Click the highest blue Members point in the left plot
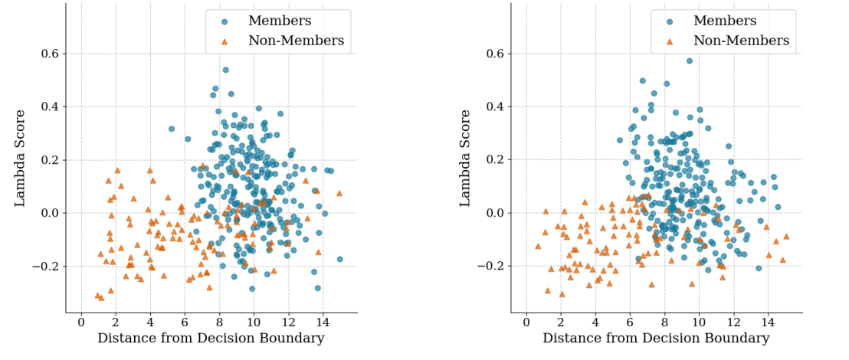click(225, 70)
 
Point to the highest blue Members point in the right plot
click(689, 61)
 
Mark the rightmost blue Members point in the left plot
click(339, 259)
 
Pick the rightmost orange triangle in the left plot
click(339, 193)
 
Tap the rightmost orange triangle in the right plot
click(785, 237)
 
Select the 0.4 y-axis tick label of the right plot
click(493, 106)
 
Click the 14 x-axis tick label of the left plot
click(323, 321)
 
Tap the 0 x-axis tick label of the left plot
click(81, 321)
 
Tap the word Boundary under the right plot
click(740, 339)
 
